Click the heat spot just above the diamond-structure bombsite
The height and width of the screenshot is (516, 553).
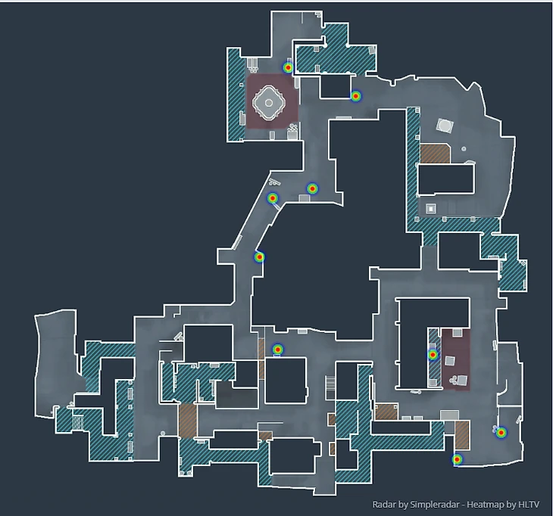tap(288, 67)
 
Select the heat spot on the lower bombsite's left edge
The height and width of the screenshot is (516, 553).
tap(433, 355)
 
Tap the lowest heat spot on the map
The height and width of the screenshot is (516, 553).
tap(457, 459)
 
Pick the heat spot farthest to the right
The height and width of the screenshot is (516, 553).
tap(501, 432)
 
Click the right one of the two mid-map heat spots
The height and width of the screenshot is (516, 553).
tap(312, 188)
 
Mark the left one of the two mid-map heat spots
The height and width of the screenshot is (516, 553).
tap(272, 198)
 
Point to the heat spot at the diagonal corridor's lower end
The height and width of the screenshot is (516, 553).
tap(259, 257)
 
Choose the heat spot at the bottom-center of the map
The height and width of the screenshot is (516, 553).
tap(278, 350)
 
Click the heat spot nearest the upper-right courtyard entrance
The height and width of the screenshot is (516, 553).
tap(356, 96)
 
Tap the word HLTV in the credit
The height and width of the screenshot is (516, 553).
tap(529, 505)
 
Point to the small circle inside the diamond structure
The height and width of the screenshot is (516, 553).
tap(269, 102)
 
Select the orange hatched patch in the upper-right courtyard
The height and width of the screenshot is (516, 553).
tap(435, 154)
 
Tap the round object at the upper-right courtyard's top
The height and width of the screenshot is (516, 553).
tap(445, 125)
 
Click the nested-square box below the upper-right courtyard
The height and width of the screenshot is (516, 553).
tap(430, 209)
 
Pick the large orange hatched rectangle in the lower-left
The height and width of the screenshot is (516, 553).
tap(188, 421)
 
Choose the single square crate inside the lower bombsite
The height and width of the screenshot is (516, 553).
tap(449, 361)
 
